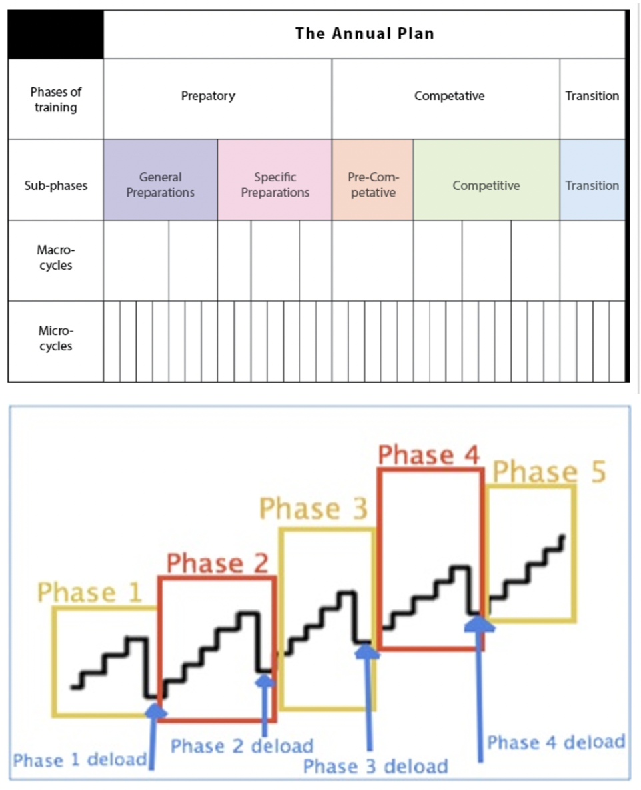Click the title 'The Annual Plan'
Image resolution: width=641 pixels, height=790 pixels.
pyautogui.click(x=364, y=33)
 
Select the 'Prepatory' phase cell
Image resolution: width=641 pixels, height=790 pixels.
pyautogui.click(x=208, y=96)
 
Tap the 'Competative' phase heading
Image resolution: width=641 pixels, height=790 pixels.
pyautogui.click(x=449, y=96)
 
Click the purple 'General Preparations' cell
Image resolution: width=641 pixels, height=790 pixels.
pyautogui.click(x=161, y=185)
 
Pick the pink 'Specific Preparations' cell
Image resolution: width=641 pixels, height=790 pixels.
pyautogui.click(x=275, y=185)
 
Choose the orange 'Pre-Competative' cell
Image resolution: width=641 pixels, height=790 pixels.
pyautogui.click(x=372, y=185)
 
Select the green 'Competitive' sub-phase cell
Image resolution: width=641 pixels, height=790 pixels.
pyautogui.click(x=486, y=185)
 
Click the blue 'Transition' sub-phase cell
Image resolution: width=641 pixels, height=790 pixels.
pyautogui.click(x=592, y=185)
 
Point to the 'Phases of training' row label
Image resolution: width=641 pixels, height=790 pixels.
pyautogui.click(x=55, y=99)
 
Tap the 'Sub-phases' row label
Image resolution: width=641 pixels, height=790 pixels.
pyautogui.click(x=55, y=185)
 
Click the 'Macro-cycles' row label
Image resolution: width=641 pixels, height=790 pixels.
pyautogui.click(x=55, y=258)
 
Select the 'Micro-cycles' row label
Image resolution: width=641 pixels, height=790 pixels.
pyautogui.click(x=55, y=338)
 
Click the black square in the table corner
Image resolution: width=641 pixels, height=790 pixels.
pyautogui.click(x=56, y=35)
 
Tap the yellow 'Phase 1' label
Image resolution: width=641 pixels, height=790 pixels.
pyautogui.click(x=90, y=592)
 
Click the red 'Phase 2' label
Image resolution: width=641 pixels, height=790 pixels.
pyautogui.click(x=217, y=563)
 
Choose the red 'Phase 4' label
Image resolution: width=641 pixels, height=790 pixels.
pyautogui.click(x=428, y=455)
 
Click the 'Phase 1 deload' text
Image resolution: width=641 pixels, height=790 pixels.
pyautogui.click(x=80, y=760)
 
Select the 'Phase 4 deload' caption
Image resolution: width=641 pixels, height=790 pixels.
pyautogui.click(x=556, y=741)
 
